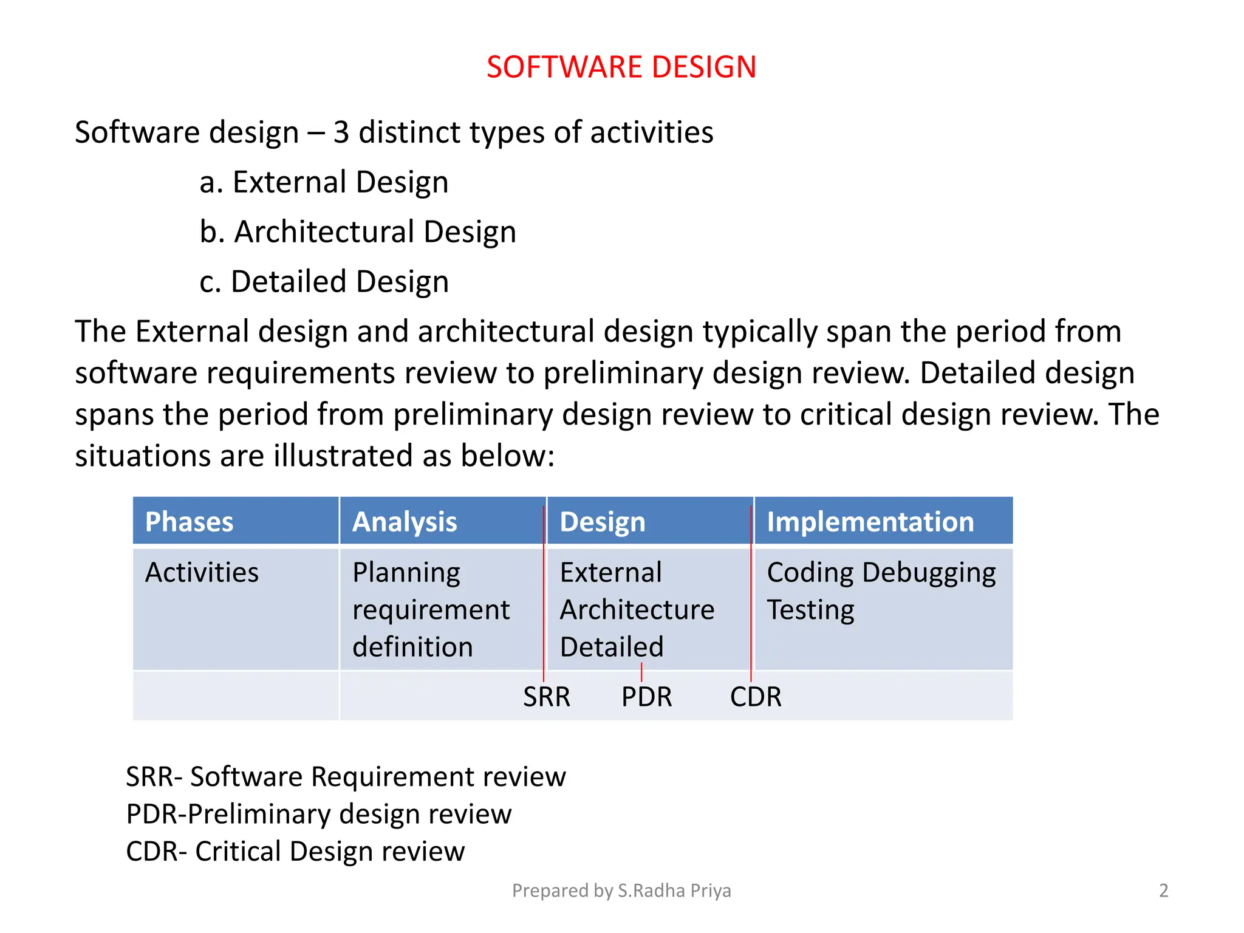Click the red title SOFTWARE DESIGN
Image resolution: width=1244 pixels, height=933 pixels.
click(x=621, y=67)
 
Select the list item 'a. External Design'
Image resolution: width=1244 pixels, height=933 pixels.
click(x=324, y=182)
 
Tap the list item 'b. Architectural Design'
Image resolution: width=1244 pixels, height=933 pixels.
click(x=358, y=232)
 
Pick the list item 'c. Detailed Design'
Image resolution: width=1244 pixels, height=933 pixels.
click(x=324, y=282)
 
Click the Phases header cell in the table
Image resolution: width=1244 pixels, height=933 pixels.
click(x=189, y=522)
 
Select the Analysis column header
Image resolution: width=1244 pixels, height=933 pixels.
click(x=405, y=522)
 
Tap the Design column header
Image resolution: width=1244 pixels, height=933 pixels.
click(x=602, y=522)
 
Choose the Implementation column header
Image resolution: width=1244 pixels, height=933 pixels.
click(x=870, y=522)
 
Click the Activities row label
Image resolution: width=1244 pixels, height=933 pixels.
click(x=202, y=572)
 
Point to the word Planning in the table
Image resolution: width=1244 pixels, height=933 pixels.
click(x=406, y=572)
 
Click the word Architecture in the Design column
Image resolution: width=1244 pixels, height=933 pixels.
click(x=637, y=610)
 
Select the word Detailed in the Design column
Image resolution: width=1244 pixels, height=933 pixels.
click(x=612, y=647)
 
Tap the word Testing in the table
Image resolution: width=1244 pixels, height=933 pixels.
click(x=810, y=610)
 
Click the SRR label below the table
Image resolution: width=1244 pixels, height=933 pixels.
click(x=547, y=697)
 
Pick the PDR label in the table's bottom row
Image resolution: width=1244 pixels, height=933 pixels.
click(x=646, y=697)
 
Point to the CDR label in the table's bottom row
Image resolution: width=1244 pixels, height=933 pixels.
click(x=756, y=697)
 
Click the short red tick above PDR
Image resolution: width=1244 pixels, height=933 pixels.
click(x=641, y=672)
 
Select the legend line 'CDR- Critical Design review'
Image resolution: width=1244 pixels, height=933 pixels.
click(x=295, y=851)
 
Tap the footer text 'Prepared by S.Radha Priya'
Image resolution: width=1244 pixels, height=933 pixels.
click(x=621, y=890)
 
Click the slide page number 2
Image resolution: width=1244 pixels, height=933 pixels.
click(x=1163, y=890)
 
